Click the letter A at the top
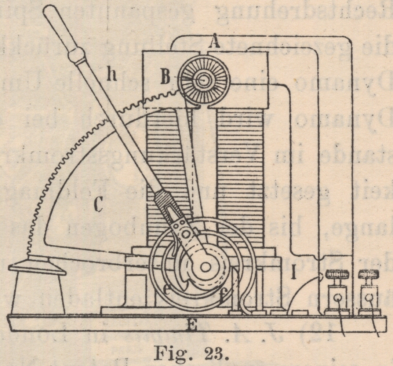pos(214,43)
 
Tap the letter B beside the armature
pos(165,78)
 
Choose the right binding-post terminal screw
pos(369,274)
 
